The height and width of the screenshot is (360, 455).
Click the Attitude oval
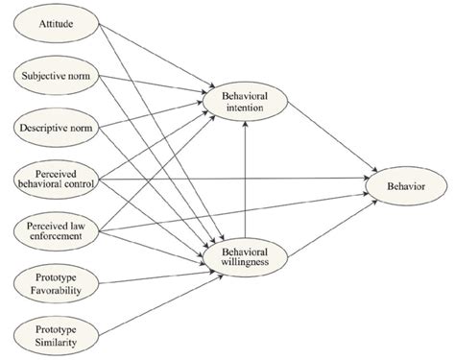coord(56,20)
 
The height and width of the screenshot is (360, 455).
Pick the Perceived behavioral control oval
coord(56,179)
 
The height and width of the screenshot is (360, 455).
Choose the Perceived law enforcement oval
coord(56,230)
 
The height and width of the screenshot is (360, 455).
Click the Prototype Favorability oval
coord(56,283)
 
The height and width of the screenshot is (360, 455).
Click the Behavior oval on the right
coord(402,179)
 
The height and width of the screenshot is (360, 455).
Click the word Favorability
coord(56,290)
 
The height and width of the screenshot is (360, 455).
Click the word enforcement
coord(56,237)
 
